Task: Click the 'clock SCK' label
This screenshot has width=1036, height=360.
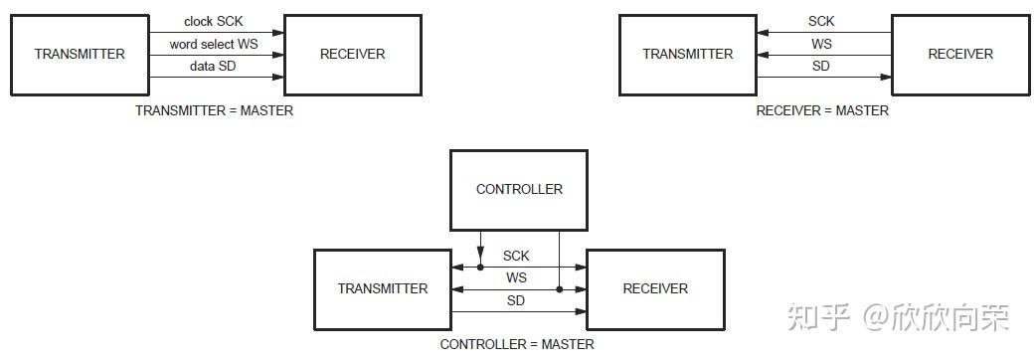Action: coord(214,22)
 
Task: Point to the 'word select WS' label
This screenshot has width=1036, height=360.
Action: coord(214,45)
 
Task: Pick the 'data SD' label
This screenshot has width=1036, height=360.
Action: coord(214,66)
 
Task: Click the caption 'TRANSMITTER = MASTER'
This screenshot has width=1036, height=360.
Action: coord(214,111)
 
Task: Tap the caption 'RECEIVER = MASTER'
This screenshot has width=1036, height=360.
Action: coord(822,111)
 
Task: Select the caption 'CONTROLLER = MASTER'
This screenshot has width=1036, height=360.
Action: coord(517,344)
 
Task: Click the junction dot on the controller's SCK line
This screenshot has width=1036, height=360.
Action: coord(480,268)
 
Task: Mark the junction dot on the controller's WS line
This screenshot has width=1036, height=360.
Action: coord(559,289)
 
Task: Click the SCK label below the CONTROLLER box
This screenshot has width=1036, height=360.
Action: coord(516,257)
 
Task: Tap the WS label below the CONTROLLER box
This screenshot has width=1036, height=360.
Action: coord(516,278)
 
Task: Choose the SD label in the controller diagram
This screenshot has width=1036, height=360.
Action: coord(516,300)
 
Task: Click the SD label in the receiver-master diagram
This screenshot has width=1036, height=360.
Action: coord(820,66)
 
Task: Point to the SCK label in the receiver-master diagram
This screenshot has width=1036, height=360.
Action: coord(821,22)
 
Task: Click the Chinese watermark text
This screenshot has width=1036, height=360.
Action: coord(899,317)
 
